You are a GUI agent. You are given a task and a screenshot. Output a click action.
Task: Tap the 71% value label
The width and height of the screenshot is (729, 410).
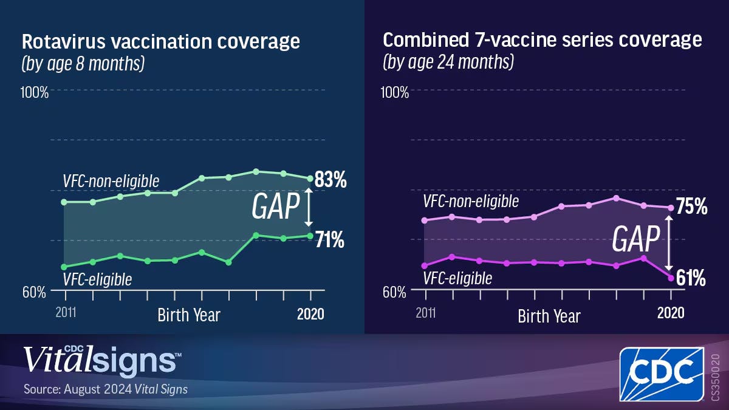[330, 241]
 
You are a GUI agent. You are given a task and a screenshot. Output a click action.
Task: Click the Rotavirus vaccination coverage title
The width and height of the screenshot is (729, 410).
[161, 42]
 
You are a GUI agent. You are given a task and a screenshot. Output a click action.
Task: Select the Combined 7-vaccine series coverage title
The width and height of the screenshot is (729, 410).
[542, 40]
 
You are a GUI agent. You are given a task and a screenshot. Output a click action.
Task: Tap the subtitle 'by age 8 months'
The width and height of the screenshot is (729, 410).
[83, 64]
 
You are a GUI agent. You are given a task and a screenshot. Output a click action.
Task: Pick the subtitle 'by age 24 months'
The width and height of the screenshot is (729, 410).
[448, 62]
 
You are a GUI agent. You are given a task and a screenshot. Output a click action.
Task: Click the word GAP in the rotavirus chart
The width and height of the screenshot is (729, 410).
[275, 207]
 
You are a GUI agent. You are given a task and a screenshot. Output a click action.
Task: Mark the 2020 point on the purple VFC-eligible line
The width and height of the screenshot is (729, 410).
[671, 278]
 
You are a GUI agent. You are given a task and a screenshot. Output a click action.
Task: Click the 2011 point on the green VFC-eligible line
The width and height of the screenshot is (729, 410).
[65, 267]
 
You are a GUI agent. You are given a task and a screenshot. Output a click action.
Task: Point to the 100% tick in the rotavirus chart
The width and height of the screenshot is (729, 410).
[35, 92]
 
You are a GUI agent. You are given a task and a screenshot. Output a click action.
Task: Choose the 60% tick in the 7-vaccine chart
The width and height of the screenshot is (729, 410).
[395, 291]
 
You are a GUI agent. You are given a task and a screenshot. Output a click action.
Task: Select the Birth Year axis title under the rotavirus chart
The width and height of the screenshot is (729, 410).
[189, 315]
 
